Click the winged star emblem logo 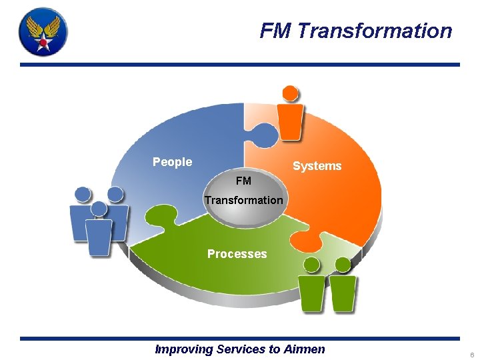[43, 31]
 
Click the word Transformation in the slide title [375, 31]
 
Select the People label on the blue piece [172, 162]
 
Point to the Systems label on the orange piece [317, 166]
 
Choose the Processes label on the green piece [237, 254]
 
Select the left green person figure [311, 287]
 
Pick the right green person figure [343, 287]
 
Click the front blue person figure [99, 230]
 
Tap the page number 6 [471, 354]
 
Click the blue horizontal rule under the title [240, 65]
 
